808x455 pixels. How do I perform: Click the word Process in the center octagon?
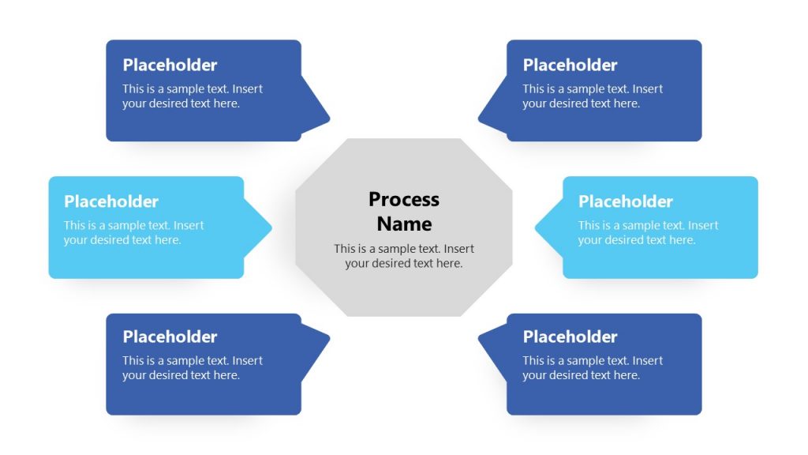404,200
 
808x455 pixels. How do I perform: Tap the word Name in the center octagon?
404,224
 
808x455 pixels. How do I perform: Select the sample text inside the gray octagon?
404,256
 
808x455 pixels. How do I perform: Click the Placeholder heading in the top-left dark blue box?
170,65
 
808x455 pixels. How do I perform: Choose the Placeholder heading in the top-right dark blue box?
570,65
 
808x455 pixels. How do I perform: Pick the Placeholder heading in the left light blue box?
111,201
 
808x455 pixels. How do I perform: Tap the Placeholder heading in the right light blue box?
626,201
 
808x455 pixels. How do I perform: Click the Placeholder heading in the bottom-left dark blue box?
170,337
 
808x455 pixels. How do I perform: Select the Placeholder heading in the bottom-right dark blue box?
570,337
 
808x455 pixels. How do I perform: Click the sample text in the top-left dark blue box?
193,96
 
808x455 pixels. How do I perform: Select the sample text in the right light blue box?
648,233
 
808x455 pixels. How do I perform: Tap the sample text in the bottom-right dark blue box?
593,368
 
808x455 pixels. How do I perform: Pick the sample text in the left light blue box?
133,233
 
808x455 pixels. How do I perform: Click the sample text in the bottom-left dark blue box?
193,368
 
